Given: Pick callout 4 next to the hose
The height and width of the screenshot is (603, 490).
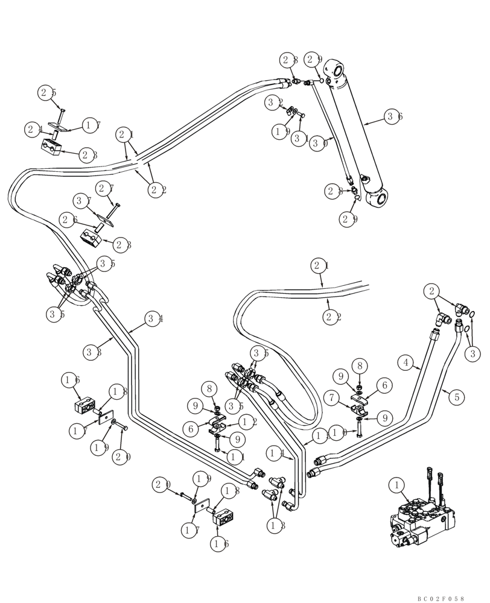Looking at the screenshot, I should coord(406,363).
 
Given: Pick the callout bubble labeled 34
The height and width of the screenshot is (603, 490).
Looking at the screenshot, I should coord(154,320).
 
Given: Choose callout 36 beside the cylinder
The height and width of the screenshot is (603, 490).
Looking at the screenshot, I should coord(394,118).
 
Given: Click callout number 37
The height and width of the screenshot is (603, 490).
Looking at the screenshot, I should coord(83,200).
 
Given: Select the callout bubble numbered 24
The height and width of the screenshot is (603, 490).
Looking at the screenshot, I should coord(34,128).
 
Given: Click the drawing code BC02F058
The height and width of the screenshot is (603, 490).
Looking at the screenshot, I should coord(440,598).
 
